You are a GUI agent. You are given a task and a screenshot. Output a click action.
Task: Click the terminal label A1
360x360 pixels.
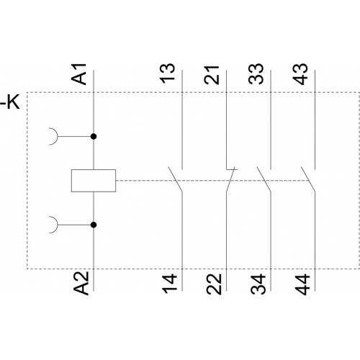(x=79, y=74)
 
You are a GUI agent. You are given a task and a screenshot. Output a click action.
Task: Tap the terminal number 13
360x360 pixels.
(x=168, y=73)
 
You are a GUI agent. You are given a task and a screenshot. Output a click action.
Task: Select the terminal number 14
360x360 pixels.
(x=170, y=284)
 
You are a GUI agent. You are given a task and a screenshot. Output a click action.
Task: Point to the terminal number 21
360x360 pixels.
(x=212, y=75)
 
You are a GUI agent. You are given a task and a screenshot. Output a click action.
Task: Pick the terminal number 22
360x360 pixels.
(x=214, y=284)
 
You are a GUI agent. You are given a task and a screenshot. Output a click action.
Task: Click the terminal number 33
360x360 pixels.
(x=256, y=74)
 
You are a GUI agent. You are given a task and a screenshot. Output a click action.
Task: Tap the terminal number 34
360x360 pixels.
(x=258, y=284)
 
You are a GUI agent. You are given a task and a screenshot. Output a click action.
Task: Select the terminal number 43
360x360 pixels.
(x=301, y=74)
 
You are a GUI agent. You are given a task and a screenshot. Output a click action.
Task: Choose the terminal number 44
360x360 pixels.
(x=302, y=284)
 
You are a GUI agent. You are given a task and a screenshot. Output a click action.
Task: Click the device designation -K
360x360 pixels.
(x=10, y=103)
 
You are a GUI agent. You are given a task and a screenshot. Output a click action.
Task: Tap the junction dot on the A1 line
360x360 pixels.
(x=94, y=137)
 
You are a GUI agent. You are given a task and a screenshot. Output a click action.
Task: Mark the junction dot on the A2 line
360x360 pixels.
(x=94, y=225)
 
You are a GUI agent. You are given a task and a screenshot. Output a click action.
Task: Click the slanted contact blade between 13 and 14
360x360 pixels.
(x=175, y=179)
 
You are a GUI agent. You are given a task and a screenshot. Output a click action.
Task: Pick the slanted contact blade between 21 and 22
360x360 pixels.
(x=230, y=179)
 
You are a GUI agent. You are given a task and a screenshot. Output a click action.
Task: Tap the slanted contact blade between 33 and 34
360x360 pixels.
(x=264, y=179)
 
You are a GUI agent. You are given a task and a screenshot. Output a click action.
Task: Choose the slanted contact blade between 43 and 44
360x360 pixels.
(x=308, y=179)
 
